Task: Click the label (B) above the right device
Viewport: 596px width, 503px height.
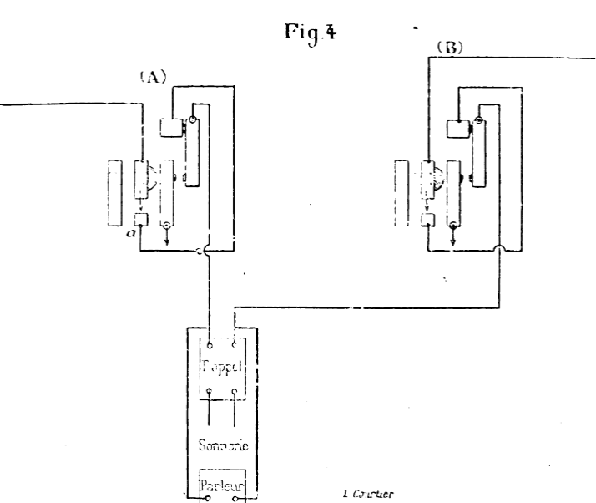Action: tap(450, 48)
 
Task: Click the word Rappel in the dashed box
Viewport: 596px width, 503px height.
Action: tap(222, 367)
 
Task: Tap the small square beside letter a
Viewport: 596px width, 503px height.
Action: tap(141, 221)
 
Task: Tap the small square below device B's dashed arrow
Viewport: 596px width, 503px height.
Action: tap(428, 220)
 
